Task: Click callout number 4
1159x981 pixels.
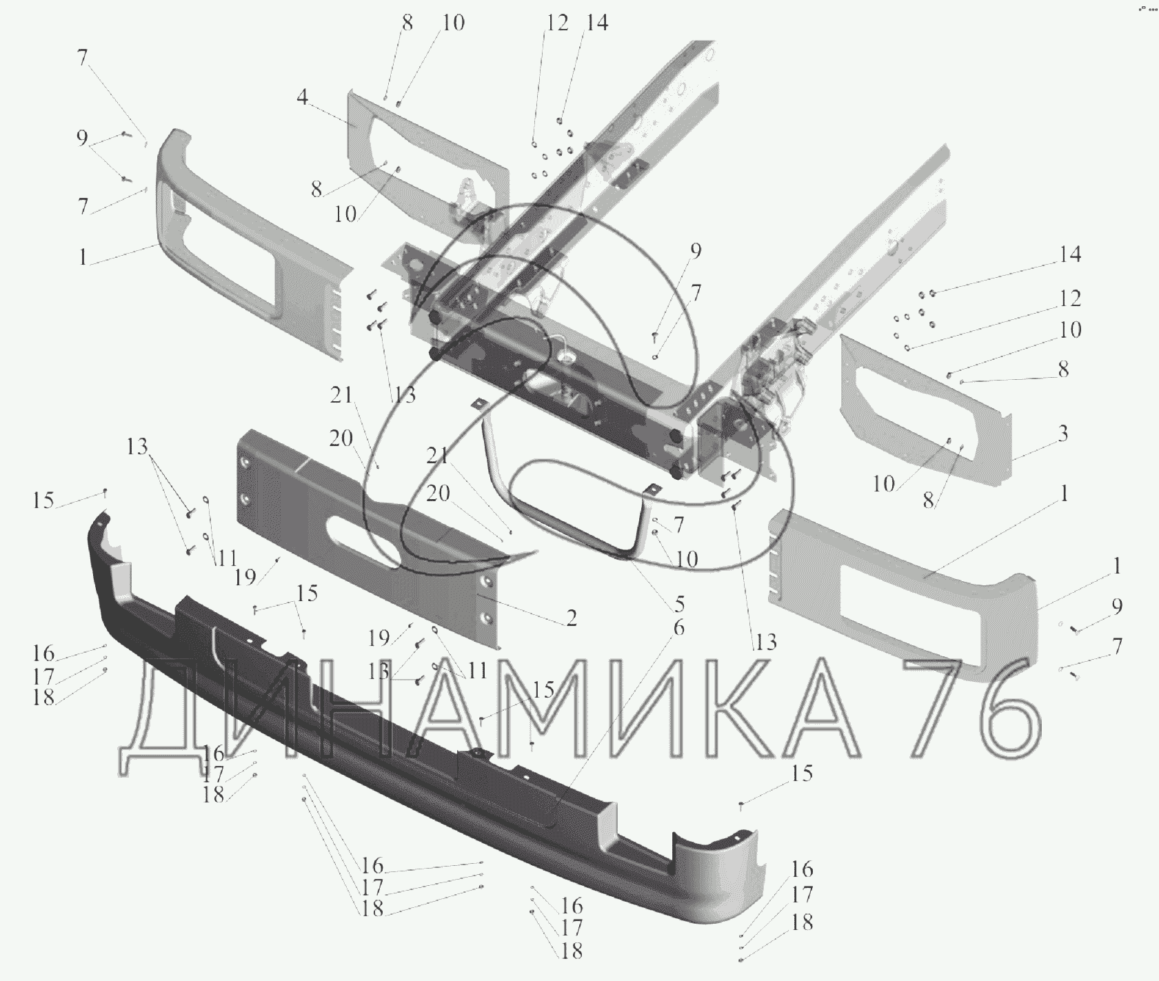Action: (302, 98)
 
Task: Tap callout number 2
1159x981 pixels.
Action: (571, 618)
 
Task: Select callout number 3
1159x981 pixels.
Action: (1062, 434)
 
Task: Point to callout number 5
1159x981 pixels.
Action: (679, 605)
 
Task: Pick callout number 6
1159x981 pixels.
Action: (678, 628)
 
